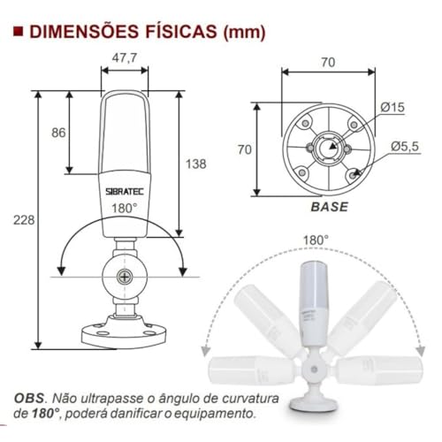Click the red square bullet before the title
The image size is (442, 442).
[19, 33]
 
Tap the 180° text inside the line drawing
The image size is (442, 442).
[125, 208]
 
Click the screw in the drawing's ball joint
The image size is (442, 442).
[126, 276]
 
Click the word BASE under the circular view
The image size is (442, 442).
[328, 208]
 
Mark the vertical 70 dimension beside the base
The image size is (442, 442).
[243, 149]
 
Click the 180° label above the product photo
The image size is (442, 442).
[316, 240]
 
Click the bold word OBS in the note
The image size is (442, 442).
[31, 397]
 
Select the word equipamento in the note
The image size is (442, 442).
[225, 413]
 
